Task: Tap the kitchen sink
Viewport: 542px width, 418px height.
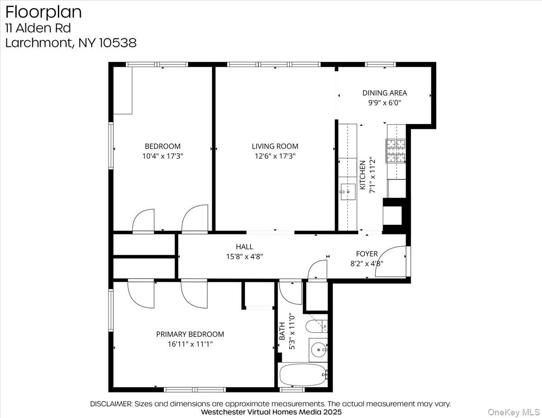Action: point(347,192)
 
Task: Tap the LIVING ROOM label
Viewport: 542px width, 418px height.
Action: point(275,146)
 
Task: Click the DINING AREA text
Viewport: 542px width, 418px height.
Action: point(384,93)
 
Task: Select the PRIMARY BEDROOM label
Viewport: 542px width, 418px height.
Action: point(190,334)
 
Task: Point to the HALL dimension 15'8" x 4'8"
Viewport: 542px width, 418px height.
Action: point(244,257)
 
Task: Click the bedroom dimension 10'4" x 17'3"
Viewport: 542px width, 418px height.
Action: point(162,156)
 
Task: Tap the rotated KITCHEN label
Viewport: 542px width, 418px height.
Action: point(362,175)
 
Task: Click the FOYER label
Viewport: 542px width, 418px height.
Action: point(366,254)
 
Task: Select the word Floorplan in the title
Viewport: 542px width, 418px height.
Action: point(43,12)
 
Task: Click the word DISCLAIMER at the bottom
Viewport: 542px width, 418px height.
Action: point(111,404)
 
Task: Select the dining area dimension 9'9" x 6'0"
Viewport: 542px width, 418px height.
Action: point(384,103)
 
